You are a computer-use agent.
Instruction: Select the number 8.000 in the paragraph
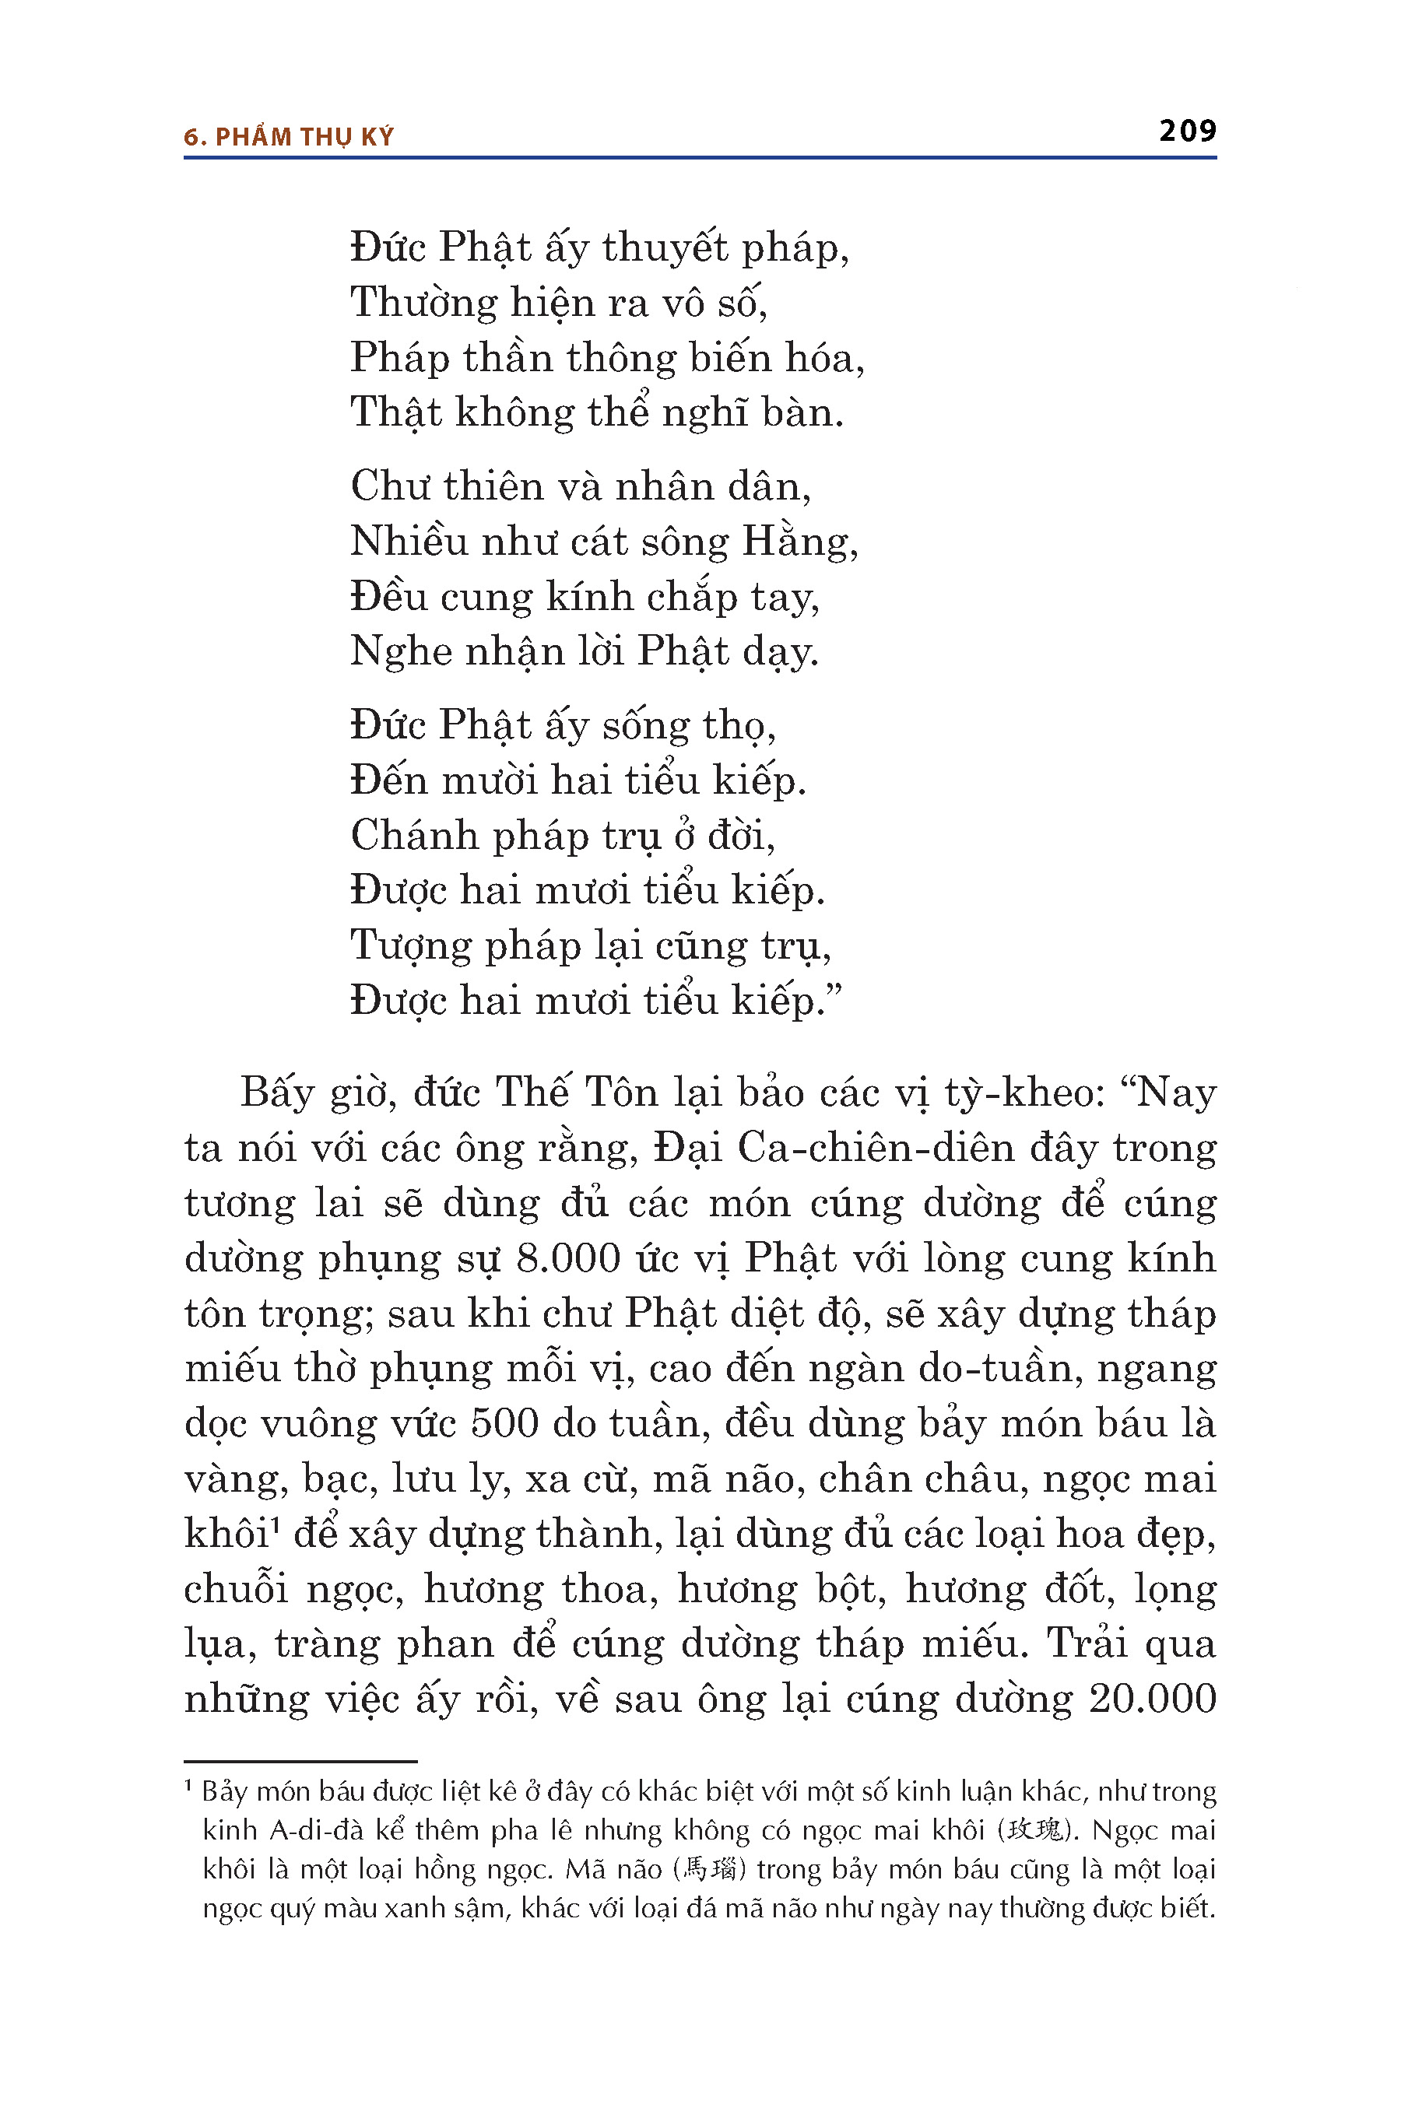[568, 1258]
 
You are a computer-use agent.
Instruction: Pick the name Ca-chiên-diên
[876, 1149]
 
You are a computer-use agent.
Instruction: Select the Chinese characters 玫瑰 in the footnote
[1037, 1831]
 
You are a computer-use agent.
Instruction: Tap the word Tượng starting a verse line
[410, 947]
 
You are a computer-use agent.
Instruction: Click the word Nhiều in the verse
[409, 542]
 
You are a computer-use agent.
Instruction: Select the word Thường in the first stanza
[423, 303]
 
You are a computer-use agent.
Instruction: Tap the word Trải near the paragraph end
[1087, 1643]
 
